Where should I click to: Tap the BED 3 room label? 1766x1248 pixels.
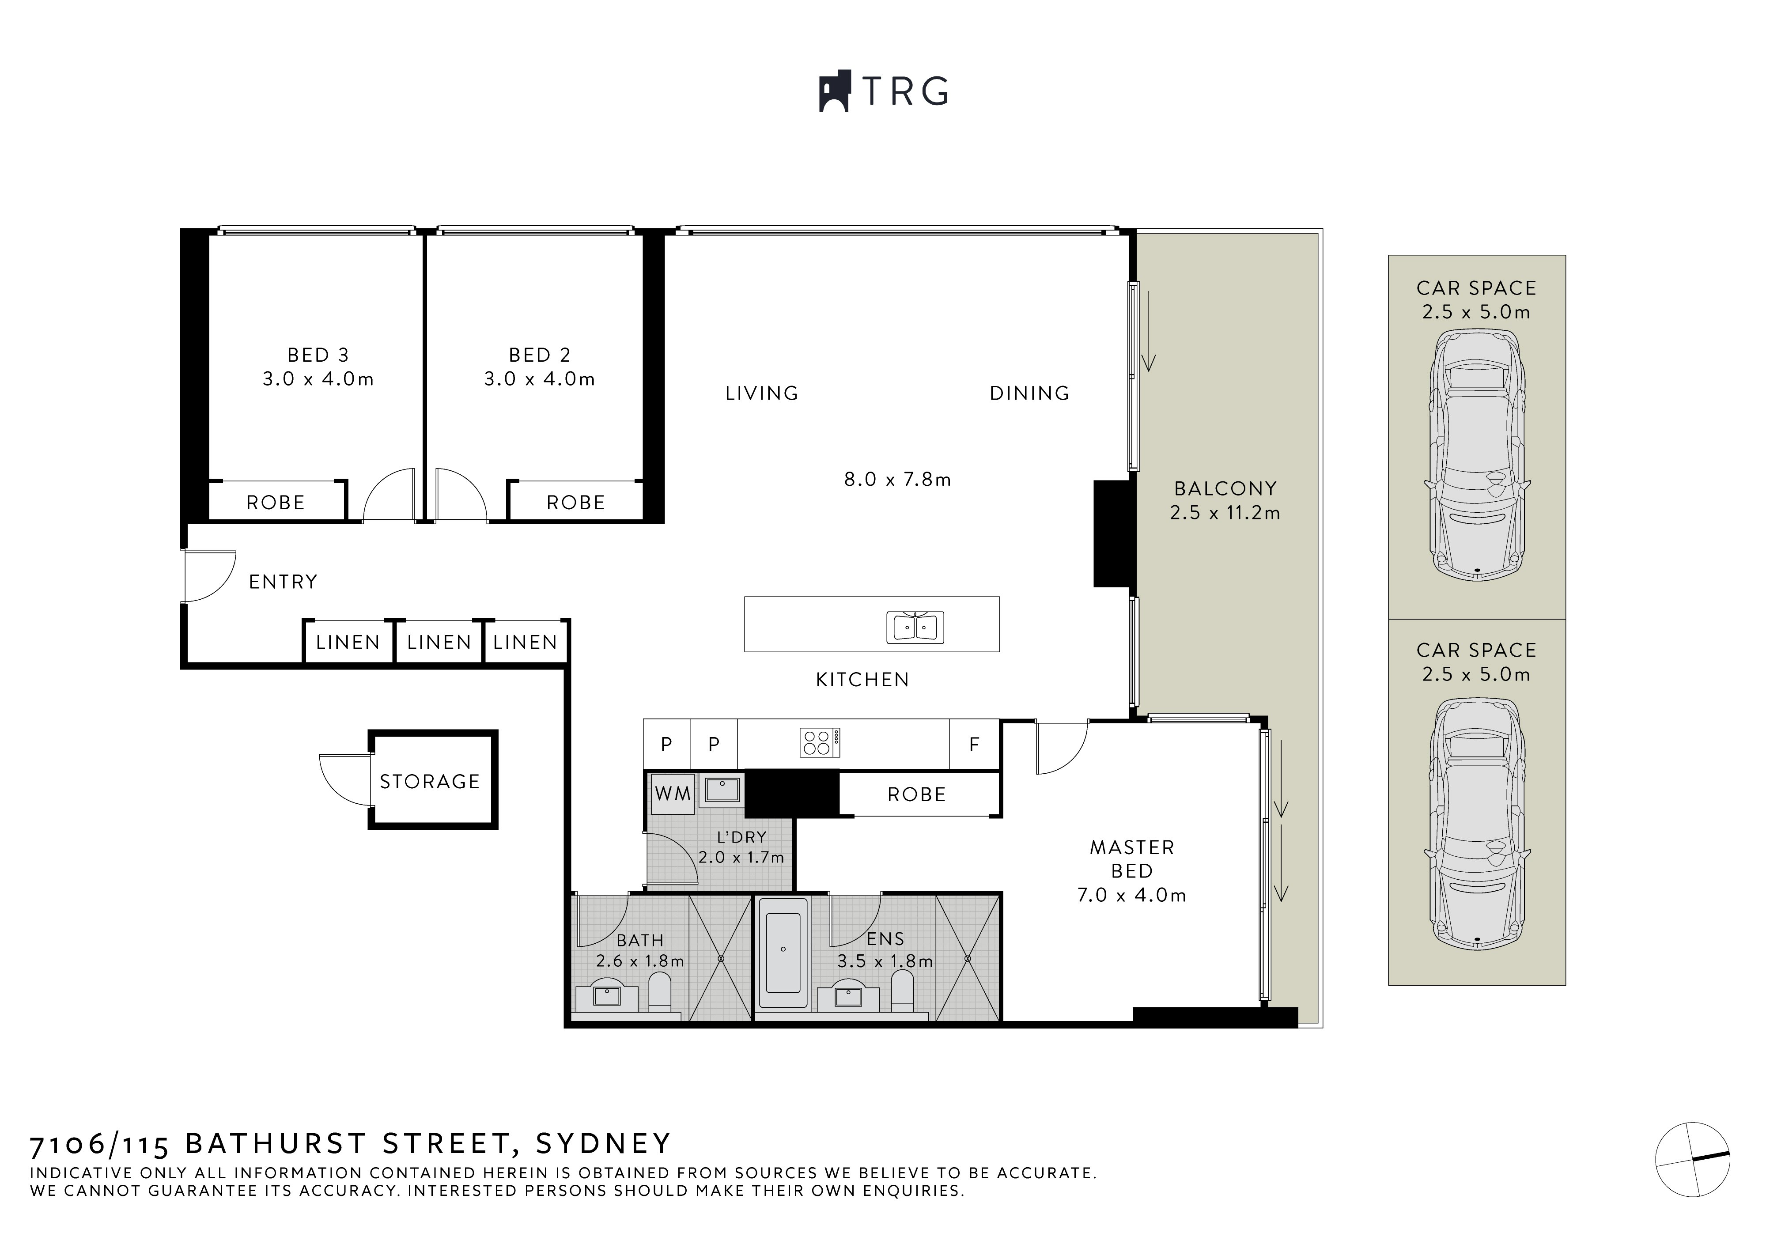click(x=318, y=355)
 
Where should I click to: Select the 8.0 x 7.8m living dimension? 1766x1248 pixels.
click(x=897, y=480)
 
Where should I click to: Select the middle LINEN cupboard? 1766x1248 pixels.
click(x=439, y=642)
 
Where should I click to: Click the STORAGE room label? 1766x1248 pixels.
click(x=429, y=781)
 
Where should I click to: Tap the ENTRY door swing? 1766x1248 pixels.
click(x=209, y=576)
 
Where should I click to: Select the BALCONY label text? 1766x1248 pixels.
click(x=1225, y=488)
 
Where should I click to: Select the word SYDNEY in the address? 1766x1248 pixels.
click(x=604, y=1144)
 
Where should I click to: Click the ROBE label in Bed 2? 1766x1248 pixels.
click(x=575, y=503)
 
